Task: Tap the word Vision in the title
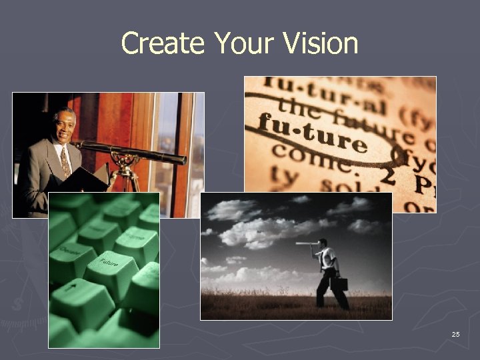(321, 44)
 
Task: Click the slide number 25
(455, 334)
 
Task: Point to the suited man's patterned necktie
(65, 161)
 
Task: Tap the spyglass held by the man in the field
(307, 244)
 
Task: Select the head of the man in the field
(323, 243)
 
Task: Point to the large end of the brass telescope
(179, 158)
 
